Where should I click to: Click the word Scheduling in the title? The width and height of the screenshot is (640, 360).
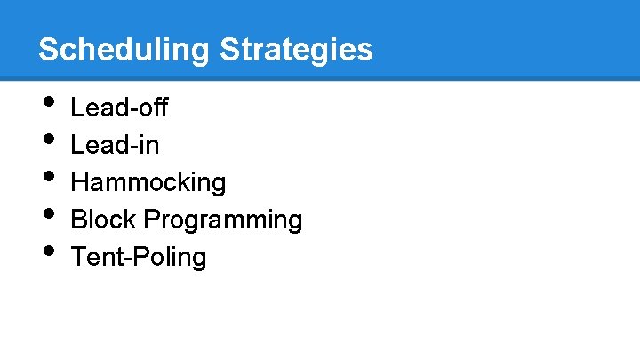click(x=124, y=49)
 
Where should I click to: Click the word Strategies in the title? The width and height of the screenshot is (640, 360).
click(x=296, y=49)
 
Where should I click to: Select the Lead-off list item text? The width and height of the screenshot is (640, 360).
click(x=119, y=108)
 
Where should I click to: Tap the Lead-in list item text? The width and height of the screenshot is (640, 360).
click(x=115, y=145)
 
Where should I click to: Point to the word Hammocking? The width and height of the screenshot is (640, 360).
click(x=148, y=182)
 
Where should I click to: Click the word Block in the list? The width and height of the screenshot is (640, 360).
click(x=103, y=220)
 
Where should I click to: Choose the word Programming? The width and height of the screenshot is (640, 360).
click(x=223, y=220)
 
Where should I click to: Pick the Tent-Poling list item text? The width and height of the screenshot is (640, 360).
click(x=139, y=257)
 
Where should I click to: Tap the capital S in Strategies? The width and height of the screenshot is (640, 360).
click(x=229, y=49)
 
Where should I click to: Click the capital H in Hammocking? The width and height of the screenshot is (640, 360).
click(x=80, y=182)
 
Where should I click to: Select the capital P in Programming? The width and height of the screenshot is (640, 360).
click(x=152, y=219)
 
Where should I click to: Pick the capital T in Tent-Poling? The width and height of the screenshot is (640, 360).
click(x=78, y=257)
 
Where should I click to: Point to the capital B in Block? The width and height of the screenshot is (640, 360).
click(x=79, y=220)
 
